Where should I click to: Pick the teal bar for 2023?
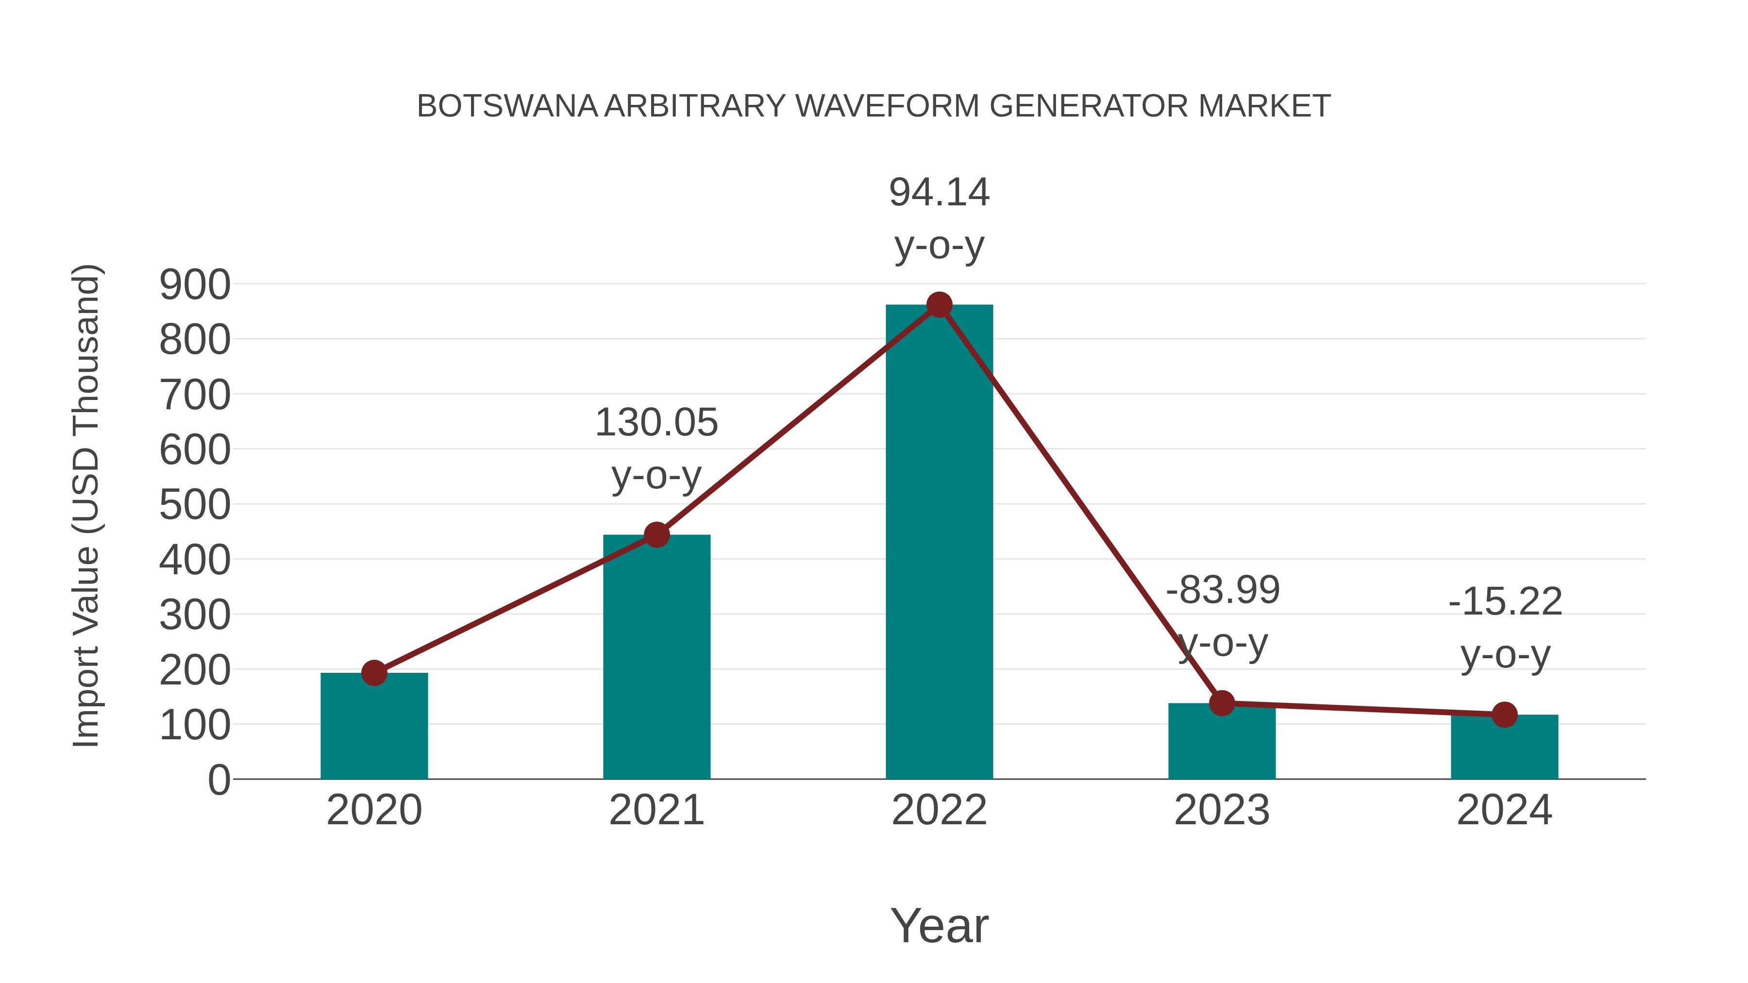click(x=1222, y=743)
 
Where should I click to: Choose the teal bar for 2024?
click(x=1504, y=748)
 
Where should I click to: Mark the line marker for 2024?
click(x=1504, y=715)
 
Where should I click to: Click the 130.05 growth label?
click(x=656, y=423)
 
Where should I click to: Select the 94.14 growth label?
click(x=939, y=193)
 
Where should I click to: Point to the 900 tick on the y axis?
click(x=195, y=285)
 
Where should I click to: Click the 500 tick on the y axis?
click(x=195, y=505)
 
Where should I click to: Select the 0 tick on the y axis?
click(x=218, y=780)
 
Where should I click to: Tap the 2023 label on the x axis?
click(x=1222, y=810)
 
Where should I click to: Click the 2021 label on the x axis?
click(x=656, y=810)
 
